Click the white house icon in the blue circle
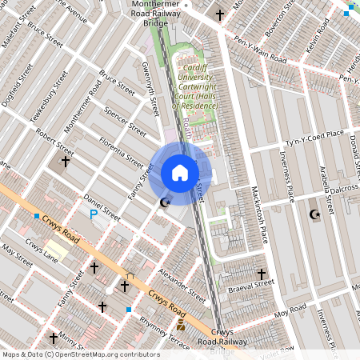180,173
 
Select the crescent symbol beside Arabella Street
314,214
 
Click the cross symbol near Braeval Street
260,274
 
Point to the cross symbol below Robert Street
65,162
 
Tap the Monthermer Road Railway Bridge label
156,13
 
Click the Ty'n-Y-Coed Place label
314,139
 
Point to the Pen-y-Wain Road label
260,49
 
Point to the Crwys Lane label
40,251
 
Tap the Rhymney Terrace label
164,334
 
